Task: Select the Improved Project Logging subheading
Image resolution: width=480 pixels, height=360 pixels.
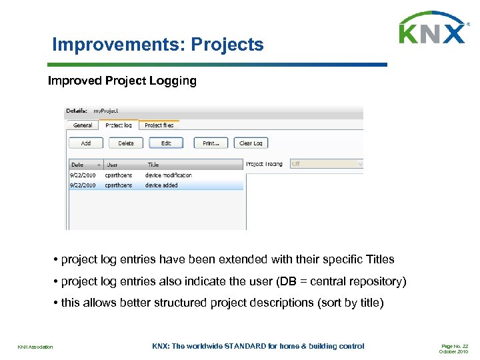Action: pos(122,81)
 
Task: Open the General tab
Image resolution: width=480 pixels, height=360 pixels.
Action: pos(83,125)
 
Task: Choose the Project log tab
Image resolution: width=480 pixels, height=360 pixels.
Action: pos(119,125)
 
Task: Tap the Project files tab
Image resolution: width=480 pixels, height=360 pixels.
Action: pos(159,125)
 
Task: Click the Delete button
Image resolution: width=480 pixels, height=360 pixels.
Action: pos(126,143)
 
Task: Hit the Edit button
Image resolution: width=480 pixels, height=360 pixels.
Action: pos(166,143)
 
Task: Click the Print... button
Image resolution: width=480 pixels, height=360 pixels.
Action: pos(211,143)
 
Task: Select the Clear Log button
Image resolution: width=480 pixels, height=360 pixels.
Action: pos(251,143)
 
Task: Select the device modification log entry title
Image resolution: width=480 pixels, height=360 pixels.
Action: pos(168,175)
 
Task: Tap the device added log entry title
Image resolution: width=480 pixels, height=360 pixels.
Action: pos(161,185)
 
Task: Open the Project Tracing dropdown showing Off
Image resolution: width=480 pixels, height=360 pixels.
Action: pos(327,164)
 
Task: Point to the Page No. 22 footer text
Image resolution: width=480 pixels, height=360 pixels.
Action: pos(455,346)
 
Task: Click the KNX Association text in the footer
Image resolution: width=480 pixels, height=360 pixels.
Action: pos(35,347)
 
